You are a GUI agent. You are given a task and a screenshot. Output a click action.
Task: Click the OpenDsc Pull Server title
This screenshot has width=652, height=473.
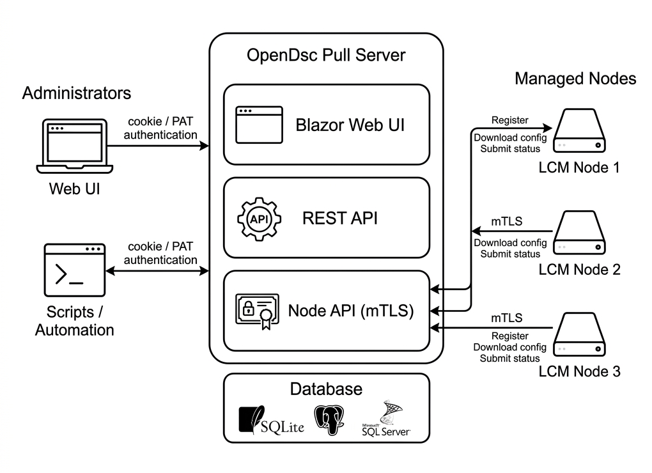(x=326, y=55)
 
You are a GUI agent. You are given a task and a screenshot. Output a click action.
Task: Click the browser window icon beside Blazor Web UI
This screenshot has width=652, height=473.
(x=258, y=125)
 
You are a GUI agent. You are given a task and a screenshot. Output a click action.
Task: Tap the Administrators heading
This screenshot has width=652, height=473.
(x=77, y=93)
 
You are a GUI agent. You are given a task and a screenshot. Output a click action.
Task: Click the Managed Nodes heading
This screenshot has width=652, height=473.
(x=575, y=79)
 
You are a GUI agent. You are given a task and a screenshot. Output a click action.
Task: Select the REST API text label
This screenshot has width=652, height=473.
(x=339, y=219)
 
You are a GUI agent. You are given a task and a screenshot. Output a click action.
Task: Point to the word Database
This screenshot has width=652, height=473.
(x=326, y=389)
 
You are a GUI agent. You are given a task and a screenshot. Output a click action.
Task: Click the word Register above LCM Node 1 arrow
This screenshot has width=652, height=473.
(x=509, y=120)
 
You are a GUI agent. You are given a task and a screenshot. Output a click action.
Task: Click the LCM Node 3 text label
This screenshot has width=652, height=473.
(x=579, y=371)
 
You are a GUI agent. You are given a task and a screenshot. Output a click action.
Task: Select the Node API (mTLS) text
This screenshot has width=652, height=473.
(x=351, y=311)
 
